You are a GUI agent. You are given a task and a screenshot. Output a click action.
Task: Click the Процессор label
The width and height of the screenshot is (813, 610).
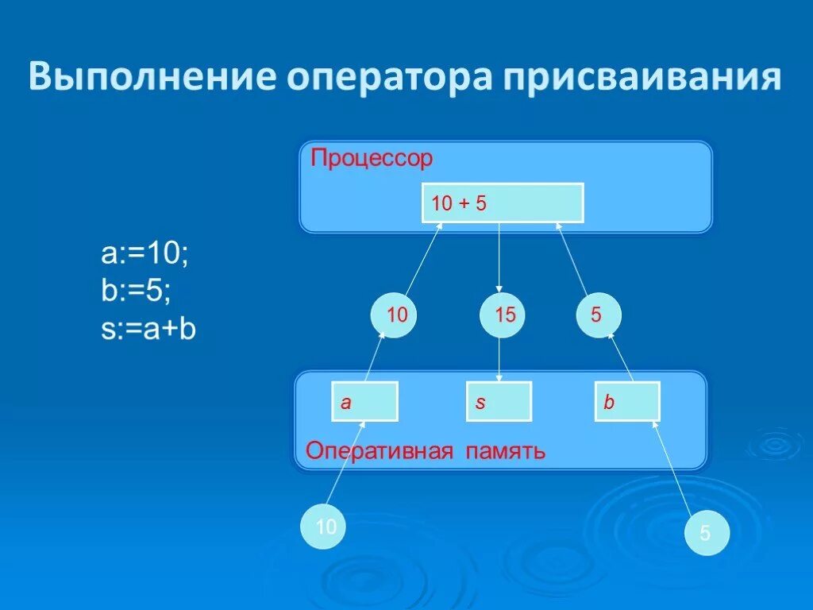[372, 159]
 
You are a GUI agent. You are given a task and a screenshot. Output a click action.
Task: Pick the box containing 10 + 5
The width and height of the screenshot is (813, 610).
[502, 203]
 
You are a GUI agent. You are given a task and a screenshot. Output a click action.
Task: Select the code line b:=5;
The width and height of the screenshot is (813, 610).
[136, 291]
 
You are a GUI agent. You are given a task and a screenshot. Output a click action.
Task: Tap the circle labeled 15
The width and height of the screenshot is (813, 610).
[503, 315]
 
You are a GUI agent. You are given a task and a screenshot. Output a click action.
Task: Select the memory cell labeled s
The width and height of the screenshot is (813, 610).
[499, 402]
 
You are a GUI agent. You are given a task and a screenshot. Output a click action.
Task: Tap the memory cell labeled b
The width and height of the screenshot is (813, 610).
[627, 402]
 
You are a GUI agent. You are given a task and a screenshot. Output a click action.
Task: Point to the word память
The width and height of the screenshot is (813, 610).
[506, 452]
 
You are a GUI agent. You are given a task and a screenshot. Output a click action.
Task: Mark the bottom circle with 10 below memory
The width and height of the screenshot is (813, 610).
[324, 527]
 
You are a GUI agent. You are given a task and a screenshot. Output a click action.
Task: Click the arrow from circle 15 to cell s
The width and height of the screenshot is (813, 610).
[499, 359]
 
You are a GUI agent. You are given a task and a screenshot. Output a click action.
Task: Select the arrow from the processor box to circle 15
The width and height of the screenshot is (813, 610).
[499, 256]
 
